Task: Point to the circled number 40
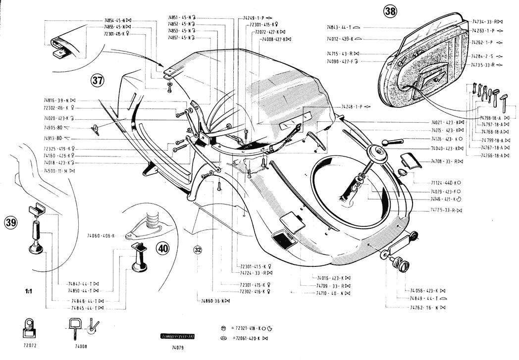tap(162, 249)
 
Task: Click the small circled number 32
tap(198, 250)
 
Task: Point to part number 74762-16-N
tap(424, 308)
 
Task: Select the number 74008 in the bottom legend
tap(81, 346)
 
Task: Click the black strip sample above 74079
tap(178, 337)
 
